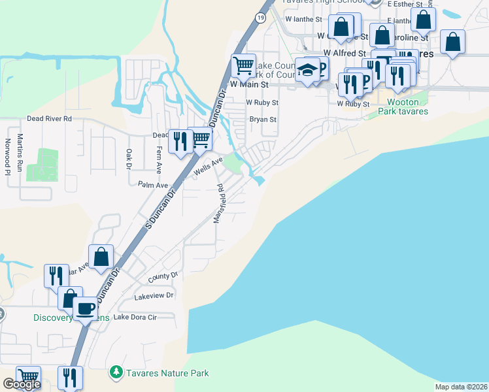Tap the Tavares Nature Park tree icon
pos(116,372)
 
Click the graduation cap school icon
pos(307,71)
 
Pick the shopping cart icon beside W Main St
pos(243,65)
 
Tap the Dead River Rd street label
pos(49,119)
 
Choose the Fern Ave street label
pos(159,159)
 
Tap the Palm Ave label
pos(154,185)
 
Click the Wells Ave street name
pos(209,166)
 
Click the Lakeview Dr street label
pos(154,295)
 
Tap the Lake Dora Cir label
pos(135,317)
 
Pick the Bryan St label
pos(263,120)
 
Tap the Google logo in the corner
pos(22,384)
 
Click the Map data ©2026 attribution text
pos(462,386)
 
